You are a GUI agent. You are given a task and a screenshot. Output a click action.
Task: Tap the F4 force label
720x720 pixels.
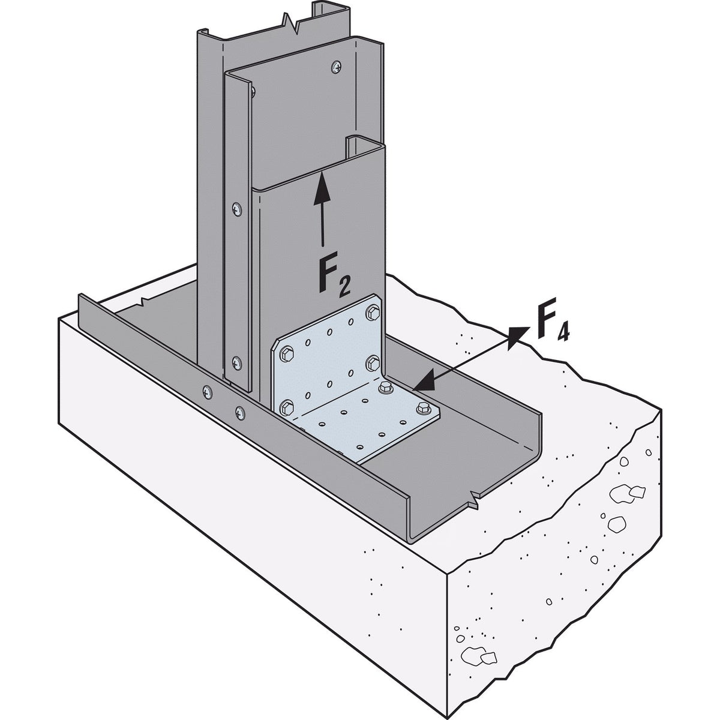tap(553, 319)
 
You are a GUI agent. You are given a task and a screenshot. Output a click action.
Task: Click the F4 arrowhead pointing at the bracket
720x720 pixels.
tap(425, 380)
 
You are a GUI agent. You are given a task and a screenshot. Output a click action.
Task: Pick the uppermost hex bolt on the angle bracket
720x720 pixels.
tap(373, 313)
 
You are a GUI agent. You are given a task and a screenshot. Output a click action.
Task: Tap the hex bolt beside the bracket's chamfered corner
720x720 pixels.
tap(286, 354)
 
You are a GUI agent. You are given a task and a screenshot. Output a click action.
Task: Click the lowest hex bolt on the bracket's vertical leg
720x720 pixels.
tap(287, 407)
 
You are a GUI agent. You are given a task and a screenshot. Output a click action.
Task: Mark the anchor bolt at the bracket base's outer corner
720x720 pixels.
tap(422, 409)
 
